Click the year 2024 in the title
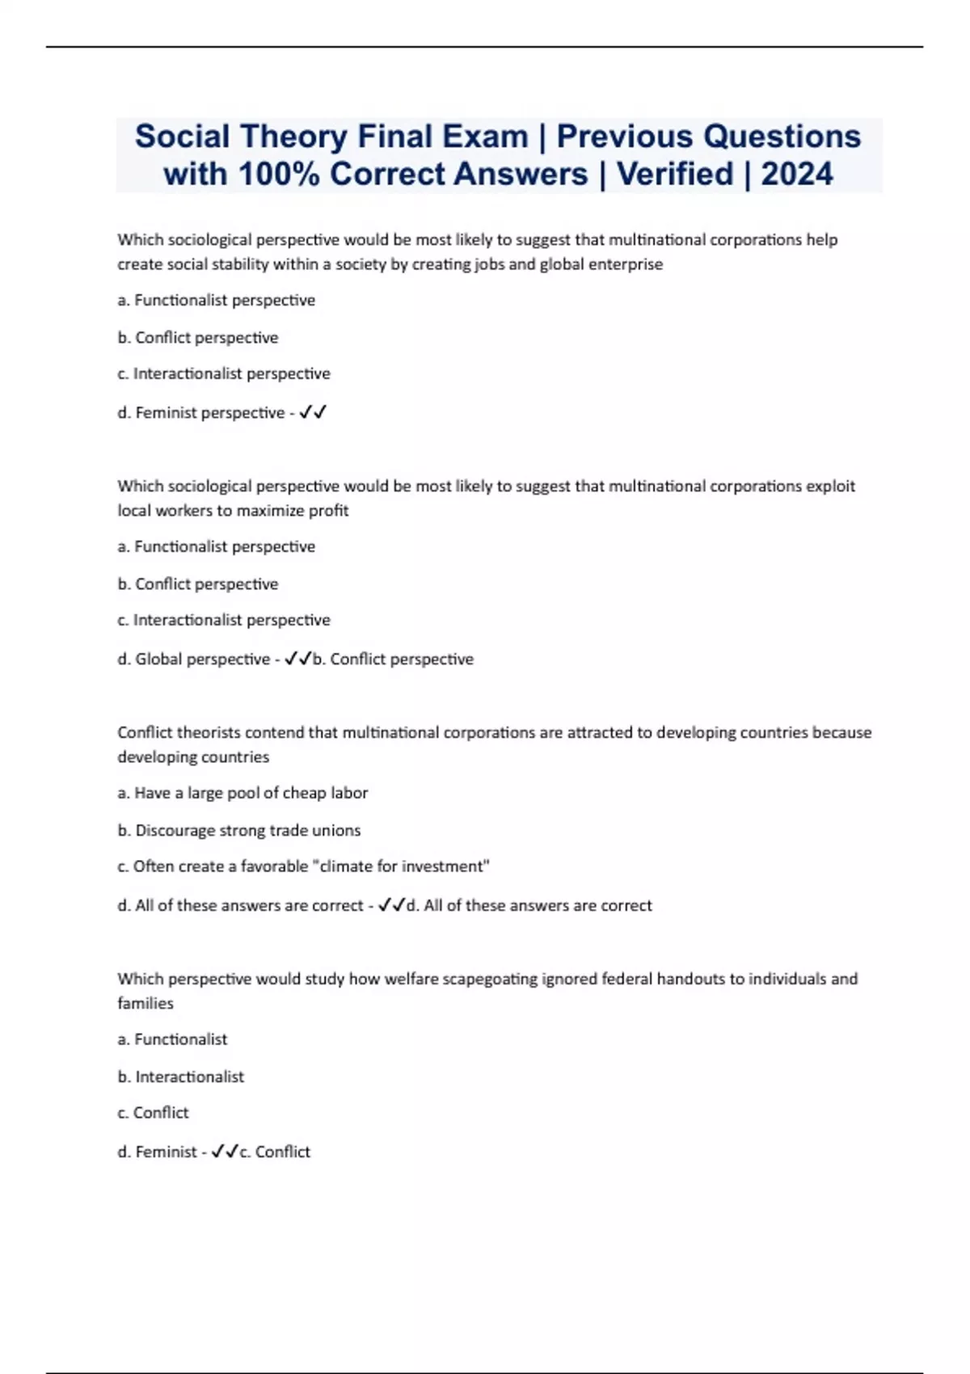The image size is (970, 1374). [796, 174]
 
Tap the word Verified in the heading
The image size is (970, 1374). [675, 174]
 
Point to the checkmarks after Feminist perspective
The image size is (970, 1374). [313, 413]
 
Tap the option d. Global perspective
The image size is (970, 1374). [194, 660]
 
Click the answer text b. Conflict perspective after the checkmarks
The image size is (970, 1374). [393, 660]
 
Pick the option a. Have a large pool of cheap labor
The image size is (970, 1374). [242, 793]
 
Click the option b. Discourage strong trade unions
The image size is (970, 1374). [239, 830]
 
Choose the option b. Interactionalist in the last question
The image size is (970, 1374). [181, 1077]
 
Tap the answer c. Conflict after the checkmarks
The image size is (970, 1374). [275, 1152]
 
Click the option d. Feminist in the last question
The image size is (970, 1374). [158, 1152]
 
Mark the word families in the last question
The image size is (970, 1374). [145, 1003]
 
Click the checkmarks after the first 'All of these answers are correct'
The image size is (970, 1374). [391, 905]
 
